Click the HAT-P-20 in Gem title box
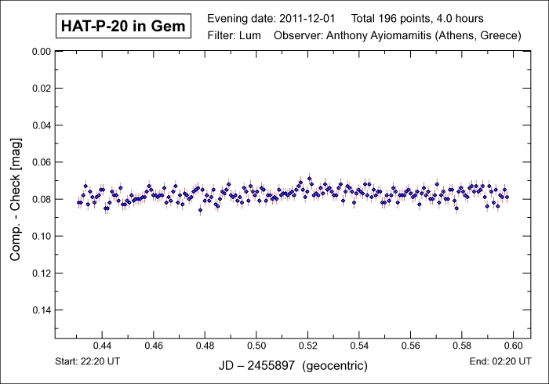(x=123, y=27)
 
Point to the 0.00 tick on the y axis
(x=39, y=51)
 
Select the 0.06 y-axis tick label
(x=39, y=162)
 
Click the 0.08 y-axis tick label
(x=39, y=199)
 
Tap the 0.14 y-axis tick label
(x=39, y=310)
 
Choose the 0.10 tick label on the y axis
(x=39, y=236)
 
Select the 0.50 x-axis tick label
(x=256, y=346)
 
